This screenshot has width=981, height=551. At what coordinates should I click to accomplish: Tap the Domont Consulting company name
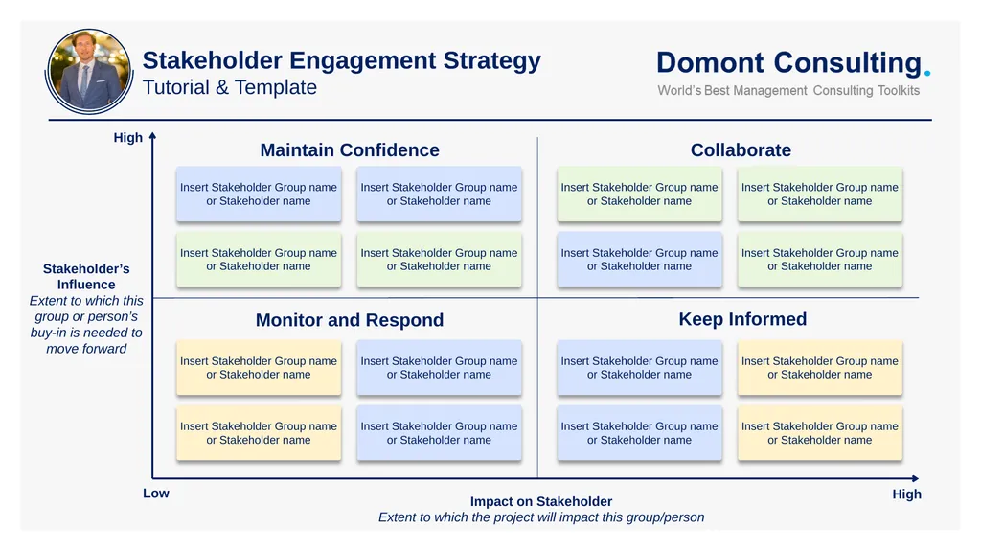pyautogui.click(x=787, y=63)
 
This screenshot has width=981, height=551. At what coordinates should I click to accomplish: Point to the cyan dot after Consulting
pyautogui.click(x=926, y=72)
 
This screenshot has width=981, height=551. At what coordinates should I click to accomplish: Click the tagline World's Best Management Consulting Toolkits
pyautogui.click(x=787, y=91)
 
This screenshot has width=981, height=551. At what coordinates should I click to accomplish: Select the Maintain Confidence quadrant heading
pyautogui.click(x=350, y=150)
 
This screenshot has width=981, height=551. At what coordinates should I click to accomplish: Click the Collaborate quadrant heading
pyautogui.click(x=741, y=150)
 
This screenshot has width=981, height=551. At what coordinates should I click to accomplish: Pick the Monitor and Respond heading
pyautogui.click(x=350, y=320)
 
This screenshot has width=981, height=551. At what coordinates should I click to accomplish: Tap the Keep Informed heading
pyautogui.click(x=742, y=319)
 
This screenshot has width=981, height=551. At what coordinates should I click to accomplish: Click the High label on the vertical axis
pyautogui.click(x=128, y=138)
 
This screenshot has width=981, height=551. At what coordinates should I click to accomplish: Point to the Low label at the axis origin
pyautogui.click(x=156, y=494)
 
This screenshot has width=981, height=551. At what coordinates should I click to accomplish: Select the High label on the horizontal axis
pyautogui.click(x=906, y=494)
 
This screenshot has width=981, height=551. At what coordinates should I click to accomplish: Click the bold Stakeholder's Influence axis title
pyautogui.click(x=86, y=277)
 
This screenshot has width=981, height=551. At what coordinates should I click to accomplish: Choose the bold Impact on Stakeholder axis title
pyautogui.click(x=541, y=501)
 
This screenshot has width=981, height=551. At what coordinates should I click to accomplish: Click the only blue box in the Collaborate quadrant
pyautogui.click(x=639, y=260)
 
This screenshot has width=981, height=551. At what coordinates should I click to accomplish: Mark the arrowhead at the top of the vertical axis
pyautogui.click(x=152, y=136)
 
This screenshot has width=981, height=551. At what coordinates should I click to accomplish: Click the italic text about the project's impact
pyautogui.click(x=541, y=517)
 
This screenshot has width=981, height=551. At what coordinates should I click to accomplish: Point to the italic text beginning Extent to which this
pyautogui.click(x=86, y=325)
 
